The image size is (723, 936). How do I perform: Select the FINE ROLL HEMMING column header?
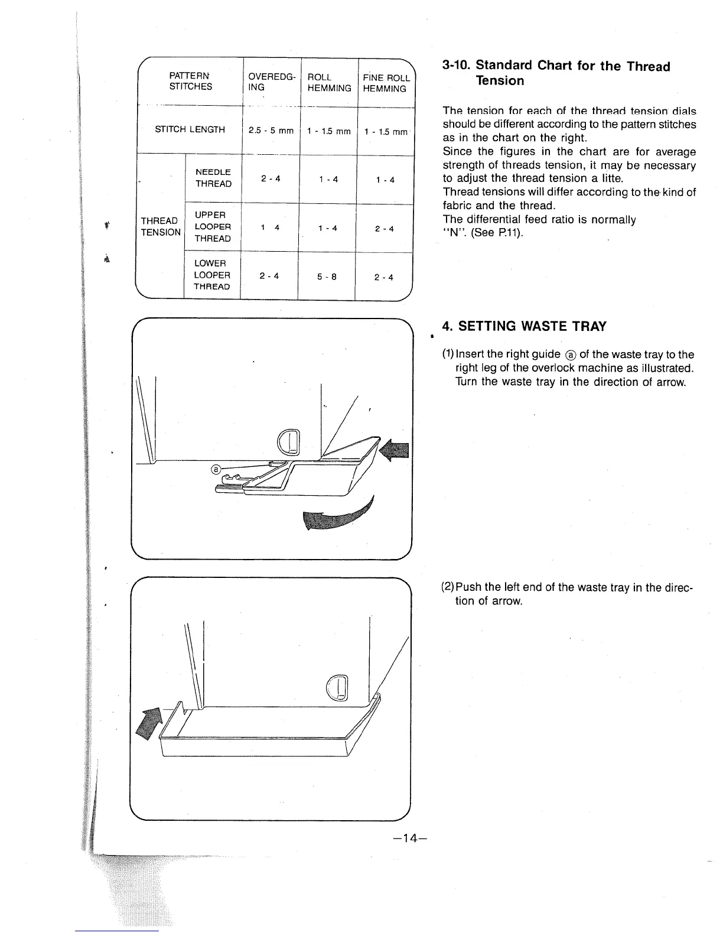[386, 83]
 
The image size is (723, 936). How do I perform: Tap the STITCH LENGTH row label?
[190, 129]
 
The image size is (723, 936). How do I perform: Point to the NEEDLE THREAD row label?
[213, 178]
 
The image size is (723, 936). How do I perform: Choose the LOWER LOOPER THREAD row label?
[212, 275]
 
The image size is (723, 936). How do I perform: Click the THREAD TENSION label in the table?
[161, 227]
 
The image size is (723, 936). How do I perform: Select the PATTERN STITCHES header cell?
[190, 82]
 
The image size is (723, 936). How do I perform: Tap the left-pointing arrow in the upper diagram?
[395, 453]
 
